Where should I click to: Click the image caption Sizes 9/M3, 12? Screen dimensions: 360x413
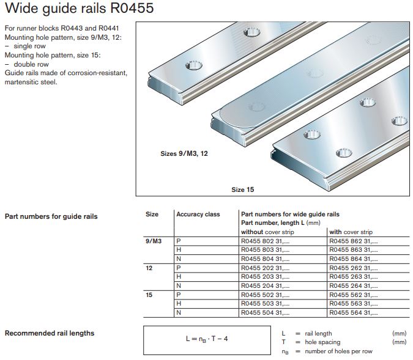click(184, 154)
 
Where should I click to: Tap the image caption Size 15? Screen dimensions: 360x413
click(242, 189)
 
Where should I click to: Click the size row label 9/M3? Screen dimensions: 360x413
click(153, 241)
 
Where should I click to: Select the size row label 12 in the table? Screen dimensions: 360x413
click(149, 268)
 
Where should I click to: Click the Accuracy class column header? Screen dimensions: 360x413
click(198, 215)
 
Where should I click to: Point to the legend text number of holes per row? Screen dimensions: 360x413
click(338, 351)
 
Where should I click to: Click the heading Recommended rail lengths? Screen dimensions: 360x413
click(50, 333)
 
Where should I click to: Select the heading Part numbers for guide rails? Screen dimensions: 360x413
click(51, 216)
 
